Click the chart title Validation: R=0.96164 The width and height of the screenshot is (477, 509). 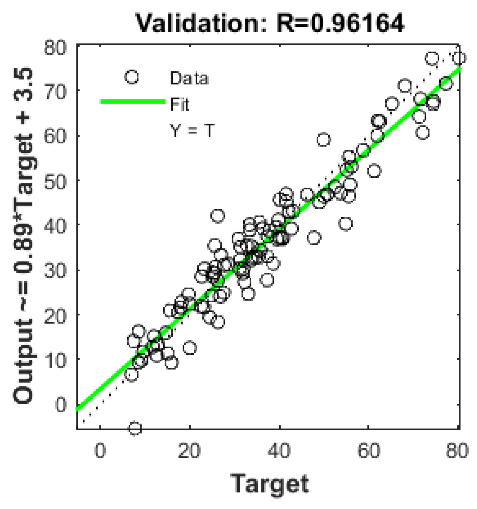[x=270, y=23]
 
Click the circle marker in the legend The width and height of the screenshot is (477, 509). [x=132, y=77]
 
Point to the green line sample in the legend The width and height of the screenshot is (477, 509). [x=132, y=102]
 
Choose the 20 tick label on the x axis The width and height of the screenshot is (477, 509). [x=189, y=451]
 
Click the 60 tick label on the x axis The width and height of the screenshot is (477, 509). [x=369, y=451]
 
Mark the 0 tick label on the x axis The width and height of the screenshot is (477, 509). [x=100, y=451]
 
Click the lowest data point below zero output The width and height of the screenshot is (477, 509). [x=135, y=428]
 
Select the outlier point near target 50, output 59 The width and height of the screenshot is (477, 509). [x=324, y=140]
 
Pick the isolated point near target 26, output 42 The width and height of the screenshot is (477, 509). [x=218, y=216]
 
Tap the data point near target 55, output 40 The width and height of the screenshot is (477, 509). [x=345, y=223]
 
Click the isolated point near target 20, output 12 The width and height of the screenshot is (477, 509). [x=190, y=348]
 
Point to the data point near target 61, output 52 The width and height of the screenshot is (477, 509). [x=374, y=171]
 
